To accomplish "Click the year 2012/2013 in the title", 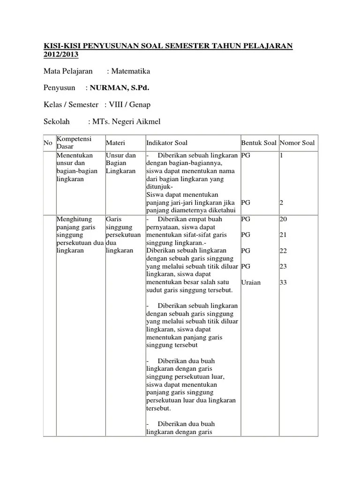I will (x=61, y=55).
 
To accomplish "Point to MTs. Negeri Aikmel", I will (x=126, y=121).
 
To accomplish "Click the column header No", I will (x=47, y=143).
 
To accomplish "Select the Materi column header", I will (x=115, y=143).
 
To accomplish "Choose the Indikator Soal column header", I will (x=166, y=143).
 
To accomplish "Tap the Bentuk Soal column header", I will (x=259, y=143).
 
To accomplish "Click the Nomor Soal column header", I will (x=297, y=143).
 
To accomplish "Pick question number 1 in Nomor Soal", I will (x=281, y=155).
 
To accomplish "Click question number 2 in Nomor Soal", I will (x=281, y=202).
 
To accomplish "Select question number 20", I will (x=283, y=219).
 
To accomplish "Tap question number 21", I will (x=283, y=234).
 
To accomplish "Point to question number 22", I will (x=283, y=251).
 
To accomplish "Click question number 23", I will (x=283, y=266).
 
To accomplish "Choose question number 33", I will (x=283, y=282).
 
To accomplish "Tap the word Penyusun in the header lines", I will (x=60, y=88).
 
